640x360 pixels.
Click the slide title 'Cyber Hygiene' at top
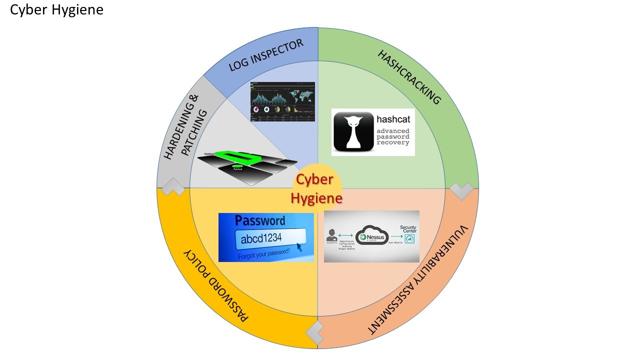(x=56, y=10)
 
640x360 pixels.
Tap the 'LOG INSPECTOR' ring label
(x=266, y=55)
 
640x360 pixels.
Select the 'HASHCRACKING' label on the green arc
(x=409, y=77)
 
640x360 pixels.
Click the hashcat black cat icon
(x=353, y=131)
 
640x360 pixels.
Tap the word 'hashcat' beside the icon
(x=393, y=120)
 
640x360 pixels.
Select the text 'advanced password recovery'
(x=393, y=136)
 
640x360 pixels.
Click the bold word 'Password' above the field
(x=260, y=220)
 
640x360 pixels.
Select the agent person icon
(x=331, y=234)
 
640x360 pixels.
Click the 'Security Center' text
(x=408, y=229)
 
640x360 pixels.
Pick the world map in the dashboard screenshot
(x=301, y=93)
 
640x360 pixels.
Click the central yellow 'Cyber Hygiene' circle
(x=317, y=188)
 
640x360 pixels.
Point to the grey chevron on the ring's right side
(x=461, y=190)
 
